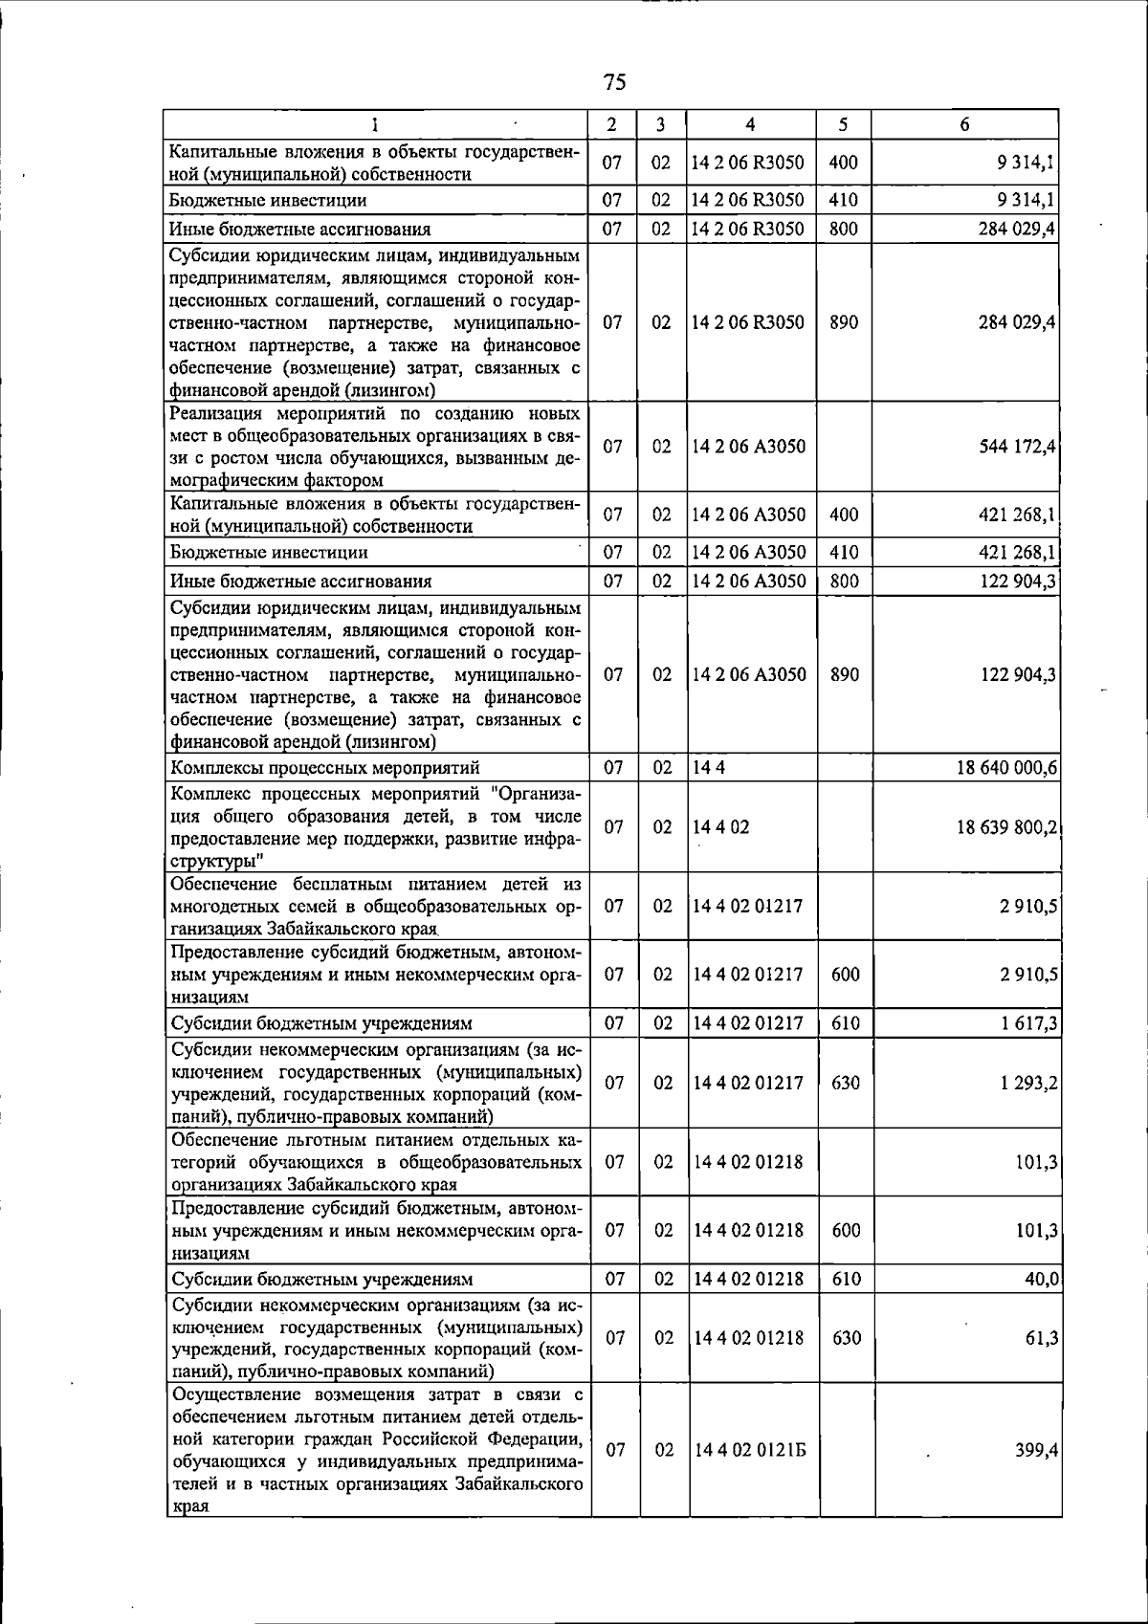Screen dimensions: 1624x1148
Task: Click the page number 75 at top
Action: click(x=615, y=82)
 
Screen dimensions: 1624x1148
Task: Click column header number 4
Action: click(x=750, y=124)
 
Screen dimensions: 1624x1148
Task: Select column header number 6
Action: click(x=964, y=124)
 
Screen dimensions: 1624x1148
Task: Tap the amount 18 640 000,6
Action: click(x=1006, y=768)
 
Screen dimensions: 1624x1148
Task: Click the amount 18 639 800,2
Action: click(x=1006, y=827)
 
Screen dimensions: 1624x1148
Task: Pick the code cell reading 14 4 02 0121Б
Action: click(x=750, y=1450)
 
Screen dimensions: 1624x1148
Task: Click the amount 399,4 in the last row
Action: click(x=1036, y=1450)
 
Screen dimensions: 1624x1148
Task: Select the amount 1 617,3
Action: click(x=1029, y=1023)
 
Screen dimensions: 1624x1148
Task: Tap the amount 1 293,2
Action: click(x=1029, y=1083)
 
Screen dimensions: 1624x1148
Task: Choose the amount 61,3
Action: click(x=1041, y=1338)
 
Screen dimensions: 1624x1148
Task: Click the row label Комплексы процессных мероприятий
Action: click(x=324, y=768)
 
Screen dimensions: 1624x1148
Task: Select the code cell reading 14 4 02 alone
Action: click(x=721, y=827)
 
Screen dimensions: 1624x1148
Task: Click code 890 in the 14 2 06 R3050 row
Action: click(x=843, y=322)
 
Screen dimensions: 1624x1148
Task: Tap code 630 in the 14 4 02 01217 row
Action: click(x=846, y=1083)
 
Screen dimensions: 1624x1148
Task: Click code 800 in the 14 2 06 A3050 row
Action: click(x=843, y=582)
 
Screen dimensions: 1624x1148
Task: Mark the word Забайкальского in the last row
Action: click(x=519, y=1484)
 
